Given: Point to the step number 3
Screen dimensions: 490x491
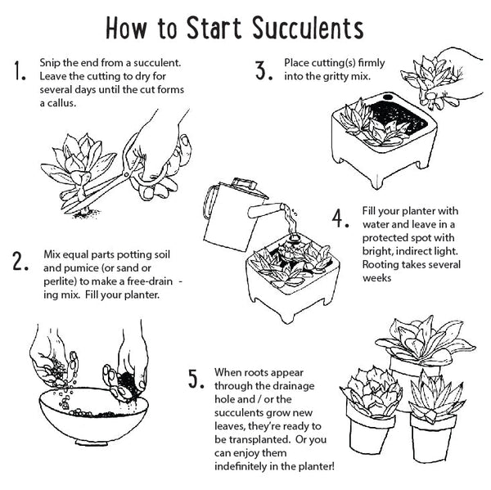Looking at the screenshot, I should click(x=263, y=71).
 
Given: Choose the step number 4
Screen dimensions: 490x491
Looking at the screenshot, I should click(x=340, y=219).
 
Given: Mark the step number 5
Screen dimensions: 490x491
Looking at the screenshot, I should click(x=195, y=379).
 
